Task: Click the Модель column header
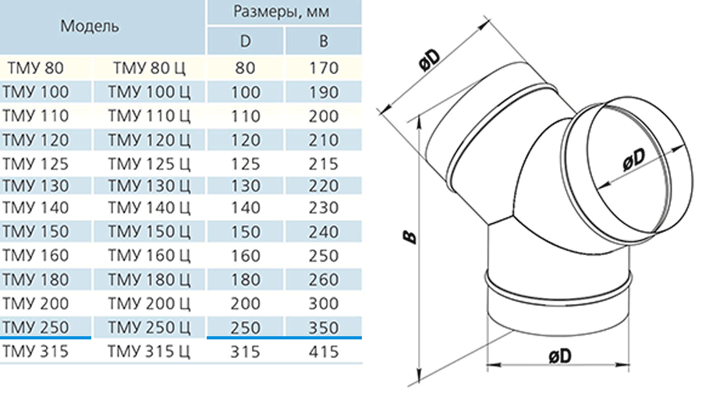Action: coord(90,27)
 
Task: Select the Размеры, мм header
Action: coord(282,12)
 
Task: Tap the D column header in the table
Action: coord(246,41)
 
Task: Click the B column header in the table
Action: coord(323,41)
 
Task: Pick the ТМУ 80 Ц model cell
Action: coord(149,68)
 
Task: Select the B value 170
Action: coord(323,68)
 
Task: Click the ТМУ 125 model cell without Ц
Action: coord(35,164)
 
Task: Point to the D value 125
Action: coord(246,164)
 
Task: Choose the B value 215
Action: coord(323,164)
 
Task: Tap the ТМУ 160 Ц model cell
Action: coord(149,256)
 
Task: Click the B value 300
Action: coord(323,303)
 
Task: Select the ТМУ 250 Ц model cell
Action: coord(149,328)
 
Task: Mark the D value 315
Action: coord(246,352)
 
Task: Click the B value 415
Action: coord(323,352)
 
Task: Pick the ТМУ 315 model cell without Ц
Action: coord(35,352)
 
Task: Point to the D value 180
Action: coord(246,280)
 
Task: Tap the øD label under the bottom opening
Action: coord(560,357)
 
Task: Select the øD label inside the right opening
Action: coord(634,159)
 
